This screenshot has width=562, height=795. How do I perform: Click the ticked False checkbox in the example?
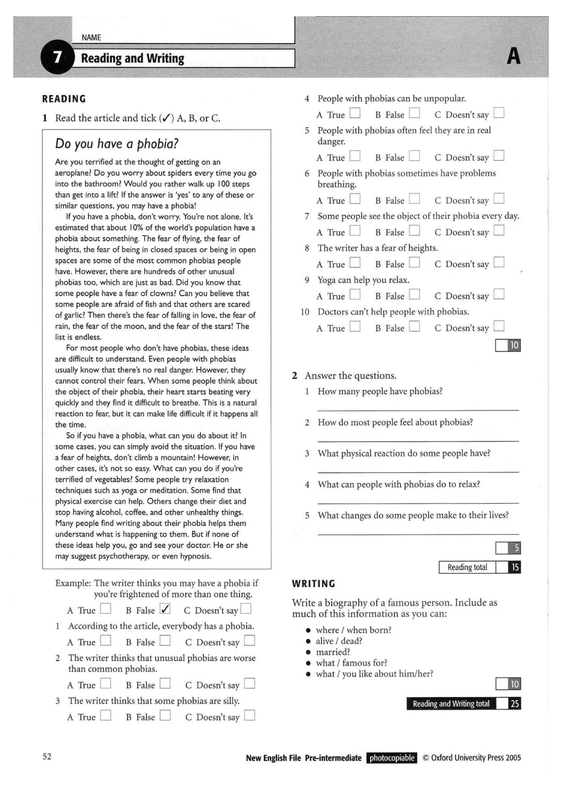tap(165, 609)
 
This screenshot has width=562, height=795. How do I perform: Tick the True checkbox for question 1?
tap(106, 641)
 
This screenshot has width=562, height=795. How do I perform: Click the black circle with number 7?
tap(57, 57)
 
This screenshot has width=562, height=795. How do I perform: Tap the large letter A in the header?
tap(513, 57)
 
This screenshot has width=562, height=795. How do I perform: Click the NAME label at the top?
tap(91, 37)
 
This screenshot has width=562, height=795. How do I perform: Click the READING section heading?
tap(64, 99)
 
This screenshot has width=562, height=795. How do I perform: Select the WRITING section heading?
tap(313, 584)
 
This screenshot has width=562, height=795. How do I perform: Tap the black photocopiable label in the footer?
tap(392, 758)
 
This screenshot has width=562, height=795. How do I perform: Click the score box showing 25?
tap(515, 703)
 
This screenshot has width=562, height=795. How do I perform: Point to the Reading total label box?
tap(467, 567)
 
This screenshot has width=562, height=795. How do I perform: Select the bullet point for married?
tap(308, 652)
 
